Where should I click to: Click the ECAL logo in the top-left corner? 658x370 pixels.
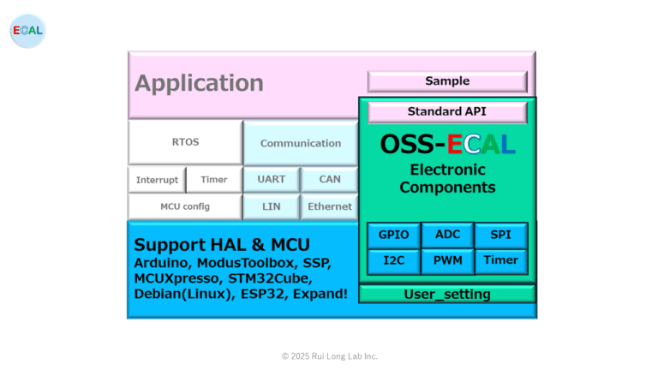(x=28, y=31)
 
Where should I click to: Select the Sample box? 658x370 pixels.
(x=447, y=81)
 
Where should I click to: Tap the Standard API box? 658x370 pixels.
(x=447, y=111)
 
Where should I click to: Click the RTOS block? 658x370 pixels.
(x=185, y=142)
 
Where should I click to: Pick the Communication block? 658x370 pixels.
(x=301, y=143)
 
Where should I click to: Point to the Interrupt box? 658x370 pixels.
(x=157, y=180)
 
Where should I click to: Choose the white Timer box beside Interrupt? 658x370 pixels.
(x=214, y=180)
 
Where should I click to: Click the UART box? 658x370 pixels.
(x=272, y=180)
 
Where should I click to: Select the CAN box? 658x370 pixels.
(x=330, y=180)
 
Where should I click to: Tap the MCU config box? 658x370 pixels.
(x=185, y=206)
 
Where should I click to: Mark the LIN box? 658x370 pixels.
(x=272, y=206)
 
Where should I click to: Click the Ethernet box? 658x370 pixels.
(x=330, y=206)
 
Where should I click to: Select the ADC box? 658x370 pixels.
(x=447, y=235)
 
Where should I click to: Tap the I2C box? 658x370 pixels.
(x=394, y=260)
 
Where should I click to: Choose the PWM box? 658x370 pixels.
(x=447, y=260)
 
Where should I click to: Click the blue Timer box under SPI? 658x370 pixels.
(x=501, y=260)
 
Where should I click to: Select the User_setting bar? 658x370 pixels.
(x=447, y=295)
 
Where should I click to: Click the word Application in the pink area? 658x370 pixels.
(x=199, y=83)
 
